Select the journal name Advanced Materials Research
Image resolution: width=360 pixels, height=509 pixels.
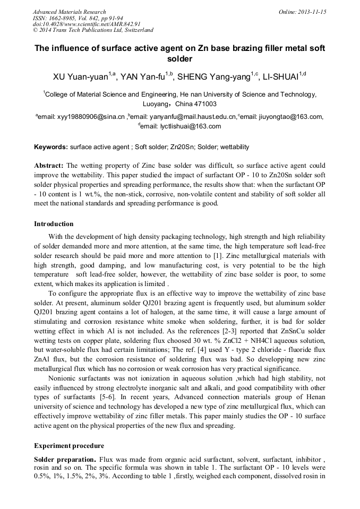(x=69, y=12)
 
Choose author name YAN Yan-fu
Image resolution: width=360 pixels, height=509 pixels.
(x=143, y=77)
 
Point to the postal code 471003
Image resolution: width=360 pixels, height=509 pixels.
(x=204, y=103)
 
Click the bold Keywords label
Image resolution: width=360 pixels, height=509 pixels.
(x=51, y=146)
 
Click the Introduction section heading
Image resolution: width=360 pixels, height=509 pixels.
(x=54, y=223)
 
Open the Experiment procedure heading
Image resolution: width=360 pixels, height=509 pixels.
(x=68, y=445)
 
